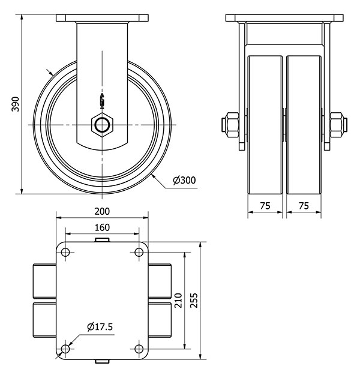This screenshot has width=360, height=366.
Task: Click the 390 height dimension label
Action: tap(16, 104)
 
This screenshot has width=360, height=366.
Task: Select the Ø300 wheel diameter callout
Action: tap(184, 180)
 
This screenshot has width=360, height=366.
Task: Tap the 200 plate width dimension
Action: tap(102, 211)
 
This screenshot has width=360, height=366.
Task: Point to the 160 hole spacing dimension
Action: tap(102, 227)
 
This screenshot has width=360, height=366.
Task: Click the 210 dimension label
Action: tap(178, 301)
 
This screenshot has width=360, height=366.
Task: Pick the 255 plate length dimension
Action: tap(194, 301)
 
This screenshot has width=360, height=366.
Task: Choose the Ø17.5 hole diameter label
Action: tap(100, 327)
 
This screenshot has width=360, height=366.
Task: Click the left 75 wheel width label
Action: tap(265, 206)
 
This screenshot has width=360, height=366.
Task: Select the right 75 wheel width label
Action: tap(304, 206)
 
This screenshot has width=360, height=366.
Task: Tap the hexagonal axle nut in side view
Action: tap(102, 125)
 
